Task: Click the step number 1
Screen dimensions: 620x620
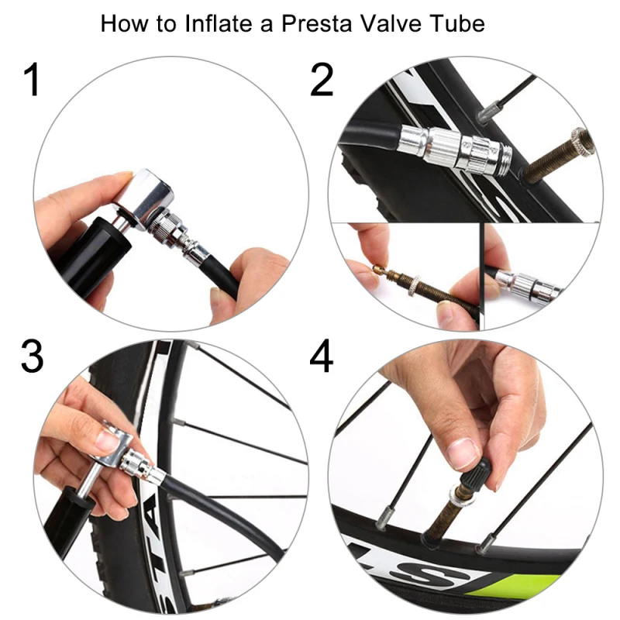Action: coord(32,80)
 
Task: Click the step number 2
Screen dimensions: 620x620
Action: coord(322,80)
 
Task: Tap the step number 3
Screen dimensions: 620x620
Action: coord(32,356)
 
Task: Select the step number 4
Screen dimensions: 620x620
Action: coord(322,356)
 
